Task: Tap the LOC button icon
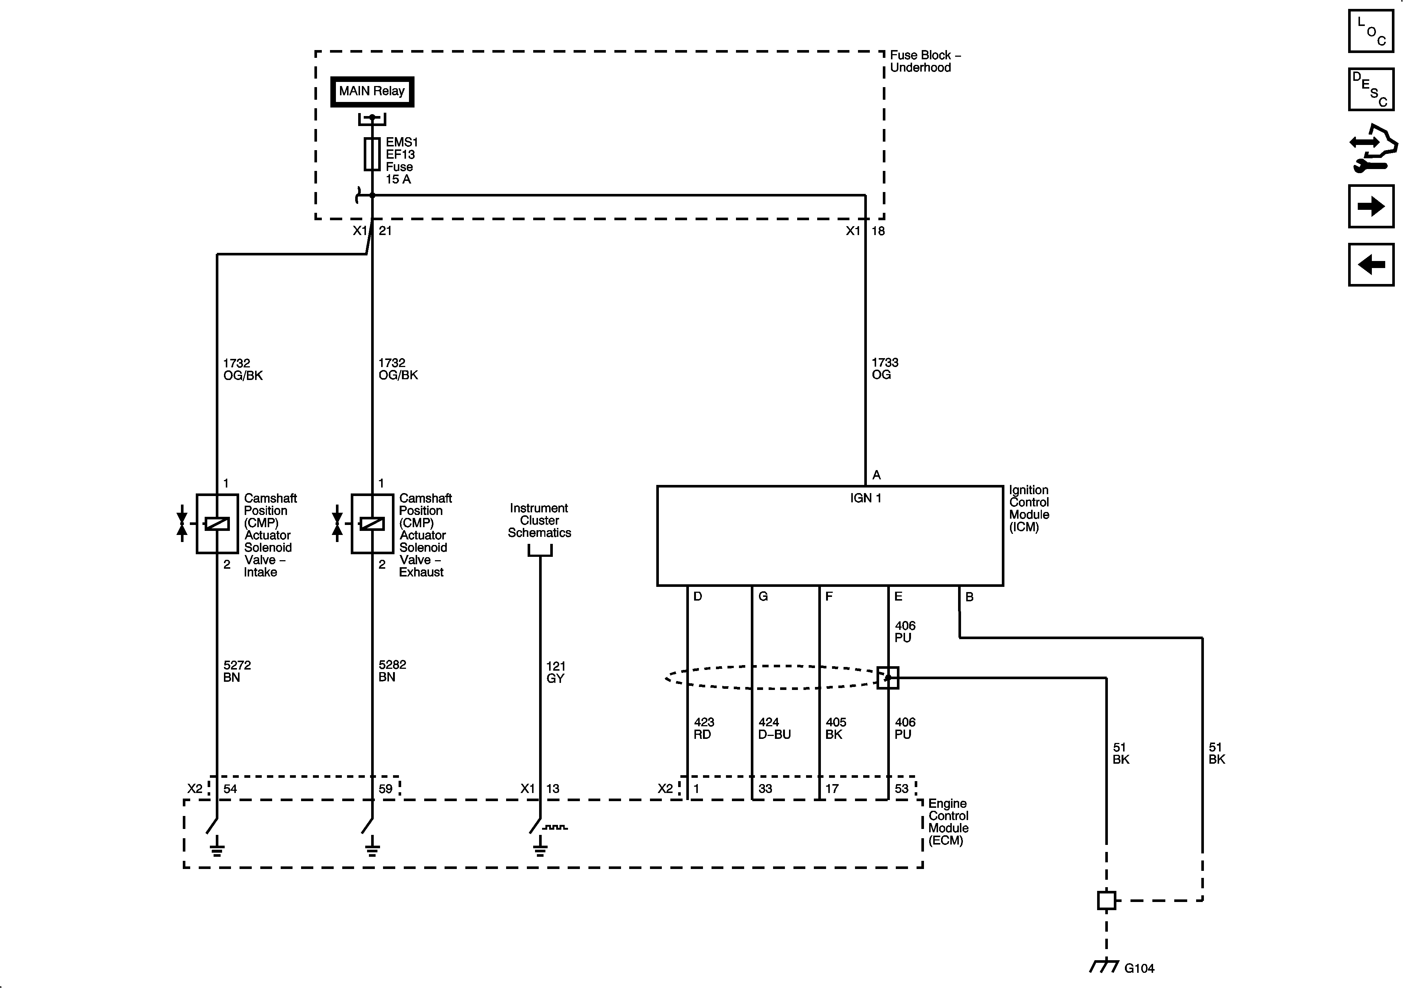point(1371,30)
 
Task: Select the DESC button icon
point(1371,89)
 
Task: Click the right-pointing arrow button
point(1371,206)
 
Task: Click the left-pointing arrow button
point(1371,265)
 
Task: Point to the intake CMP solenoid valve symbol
point(216,523)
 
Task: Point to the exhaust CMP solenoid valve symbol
point(372,523)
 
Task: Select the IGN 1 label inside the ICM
point(865,498)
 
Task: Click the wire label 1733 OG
point(884,369)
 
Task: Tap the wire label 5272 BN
point(237,671)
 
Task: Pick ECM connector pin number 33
point(765,789)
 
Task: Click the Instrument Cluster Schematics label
point(539,521)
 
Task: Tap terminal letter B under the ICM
point(969,597)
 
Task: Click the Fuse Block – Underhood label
point(924,61)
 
